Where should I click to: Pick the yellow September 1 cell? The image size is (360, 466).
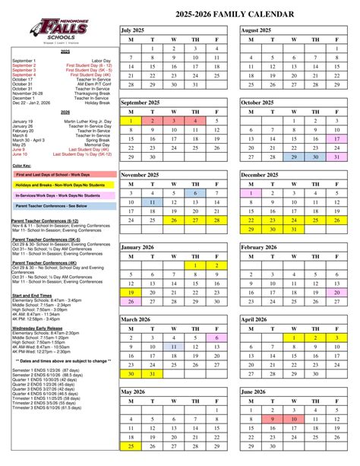[x=131, y=121]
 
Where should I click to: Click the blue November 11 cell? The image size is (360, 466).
[x=152, y=202]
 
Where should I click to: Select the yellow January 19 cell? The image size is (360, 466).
[x=131, y=293]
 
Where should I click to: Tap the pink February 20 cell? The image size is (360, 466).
[x=336, y=293]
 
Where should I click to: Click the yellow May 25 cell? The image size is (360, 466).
[x=131, y=445]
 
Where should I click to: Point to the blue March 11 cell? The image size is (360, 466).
[x=173, y=347]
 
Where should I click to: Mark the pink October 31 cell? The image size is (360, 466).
[x=336, y=157]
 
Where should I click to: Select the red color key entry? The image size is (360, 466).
[x=59, y=174]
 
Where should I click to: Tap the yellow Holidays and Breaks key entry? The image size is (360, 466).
[x=59, y=185]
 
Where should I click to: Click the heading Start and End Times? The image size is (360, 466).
[x=32, y=295]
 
